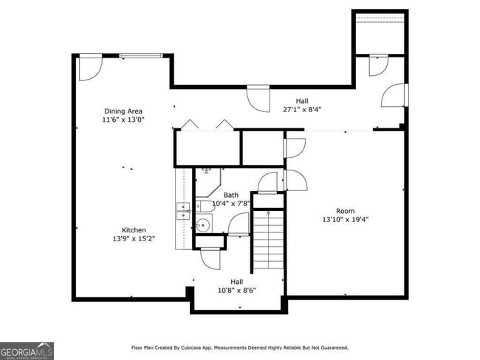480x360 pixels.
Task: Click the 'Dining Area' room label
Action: [123, 111]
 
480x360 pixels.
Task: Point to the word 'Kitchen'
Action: [134, 230]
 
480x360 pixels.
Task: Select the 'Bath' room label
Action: [231, 195]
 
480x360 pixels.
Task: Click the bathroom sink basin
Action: [204, 224]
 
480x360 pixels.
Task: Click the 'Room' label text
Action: [345, 211]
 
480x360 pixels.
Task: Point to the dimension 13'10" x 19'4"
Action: [345, 220]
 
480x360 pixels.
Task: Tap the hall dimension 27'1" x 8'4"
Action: [303, 110]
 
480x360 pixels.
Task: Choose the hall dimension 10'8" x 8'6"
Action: [236, 291]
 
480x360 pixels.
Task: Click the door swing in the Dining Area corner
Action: [89, 67]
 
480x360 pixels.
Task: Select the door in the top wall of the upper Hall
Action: [258, 98]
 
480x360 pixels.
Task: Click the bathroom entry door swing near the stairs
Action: [239, 224]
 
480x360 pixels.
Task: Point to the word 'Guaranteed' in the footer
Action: [329, 347]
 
